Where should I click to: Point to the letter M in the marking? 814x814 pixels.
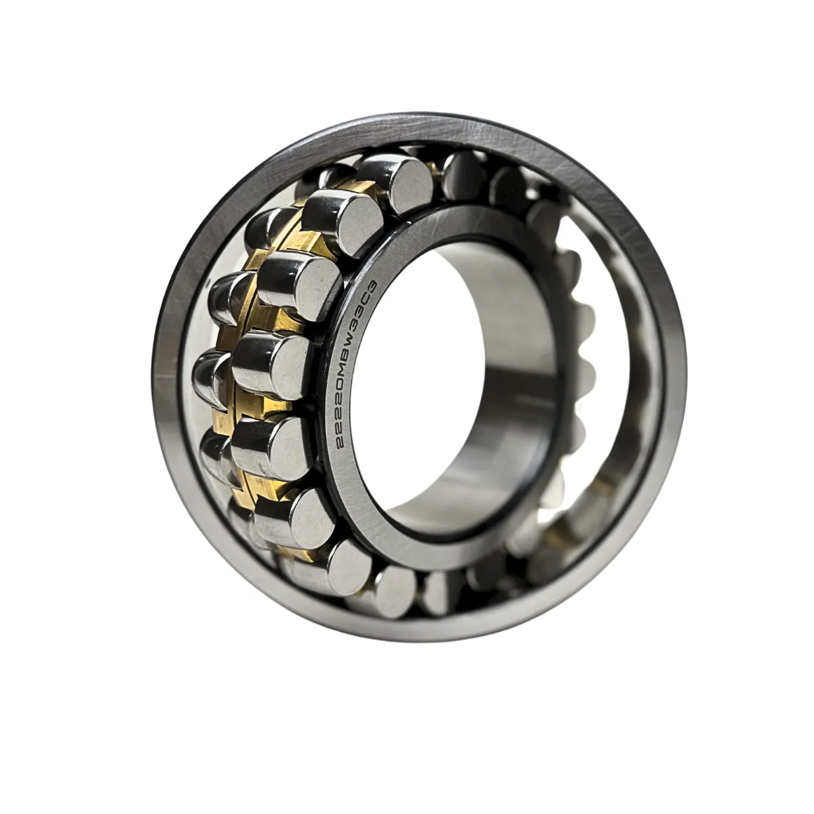[x=352, y=354]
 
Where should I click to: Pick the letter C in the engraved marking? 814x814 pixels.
[x=370, y=296]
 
